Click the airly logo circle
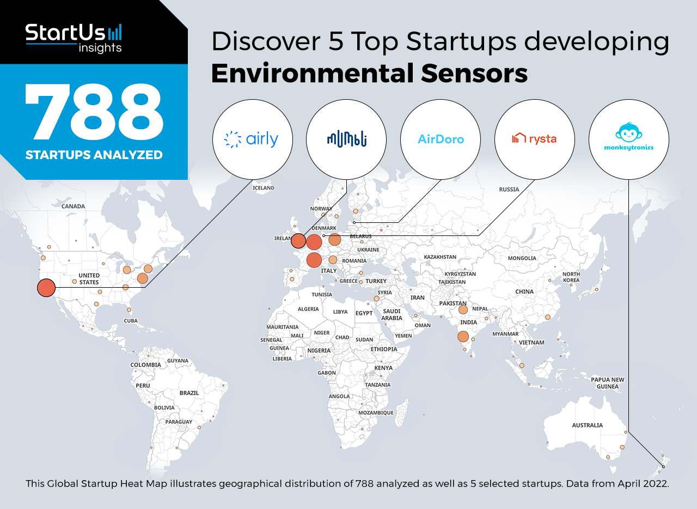[252, 140]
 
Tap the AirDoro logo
[441, 140]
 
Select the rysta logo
[535, 140]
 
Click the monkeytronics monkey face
[628, 132]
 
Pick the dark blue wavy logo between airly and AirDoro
[347, 140]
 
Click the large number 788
[94, 112]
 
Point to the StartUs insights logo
[74, 38]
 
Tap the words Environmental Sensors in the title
[369, 74]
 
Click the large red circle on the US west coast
[46, 288]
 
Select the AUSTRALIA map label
[587, 425]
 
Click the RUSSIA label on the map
[509, 190]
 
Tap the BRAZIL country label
[189, 393]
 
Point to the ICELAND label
[263, 188]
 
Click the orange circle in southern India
[463, 337]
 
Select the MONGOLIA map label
[522, 258]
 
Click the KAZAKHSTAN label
[439, 257]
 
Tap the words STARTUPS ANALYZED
[94, 155]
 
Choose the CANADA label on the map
[73, 206]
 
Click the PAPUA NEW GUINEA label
[607, 383]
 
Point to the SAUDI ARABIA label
[392, 314]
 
